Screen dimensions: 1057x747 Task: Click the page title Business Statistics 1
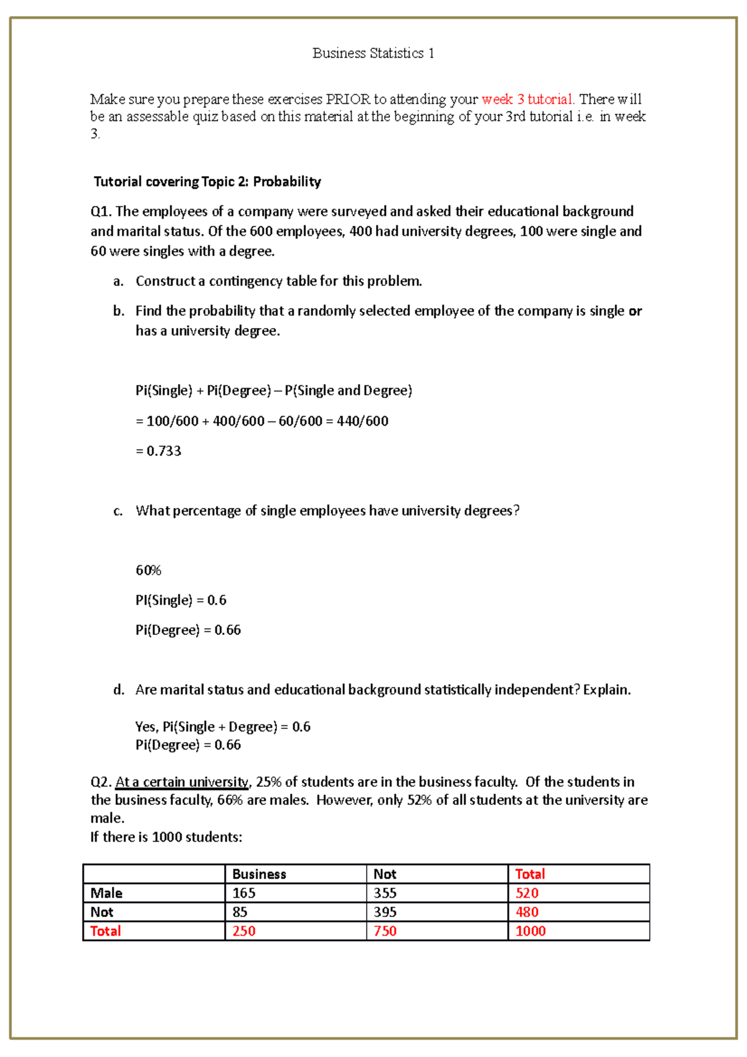click(x=373, y=54)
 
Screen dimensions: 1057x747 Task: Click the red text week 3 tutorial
click(x=527, y=100)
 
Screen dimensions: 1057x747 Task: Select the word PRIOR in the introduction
click(x=348, y=100)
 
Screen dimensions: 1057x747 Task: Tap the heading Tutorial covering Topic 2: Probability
click(x=207, y=182)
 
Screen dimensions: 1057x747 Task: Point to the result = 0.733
click(x=159, y=451)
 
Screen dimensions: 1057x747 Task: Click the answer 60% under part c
click(x=148, y=570)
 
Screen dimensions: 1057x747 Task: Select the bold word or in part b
click(x=635, y=311)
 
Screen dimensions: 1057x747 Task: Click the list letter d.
click(x=118, y=690)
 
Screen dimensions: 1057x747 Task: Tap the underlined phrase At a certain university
click(x=182, y=782)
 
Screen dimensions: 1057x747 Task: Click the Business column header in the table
click(x=259, y=874)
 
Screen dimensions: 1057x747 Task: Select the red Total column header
click(x=530, y=874)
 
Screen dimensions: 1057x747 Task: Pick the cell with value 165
click(x=244, y=893)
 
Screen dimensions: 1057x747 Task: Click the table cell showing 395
click(x=385, y=912)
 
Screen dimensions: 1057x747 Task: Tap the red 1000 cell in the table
click(x=530, y=931)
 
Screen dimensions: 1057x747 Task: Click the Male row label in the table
click(x=106, y=893)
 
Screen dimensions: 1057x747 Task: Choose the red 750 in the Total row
click(x=385, y=931)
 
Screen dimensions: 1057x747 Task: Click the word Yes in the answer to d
click(x=146, y=727)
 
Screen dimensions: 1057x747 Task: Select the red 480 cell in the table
click(x=527, y=912)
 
